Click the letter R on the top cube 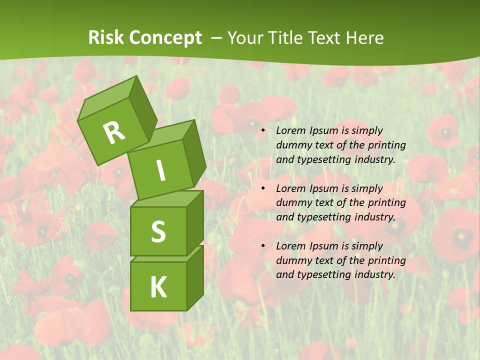click(x=114, y=132)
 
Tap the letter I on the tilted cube click(x=160, y=171)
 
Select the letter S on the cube click(x=158, y=231)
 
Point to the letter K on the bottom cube click(x=158, y=287)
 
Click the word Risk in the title click(x=105, y=38)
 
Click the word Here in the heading click(x=363, y=38)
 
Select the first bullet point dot click(x=263, y=131)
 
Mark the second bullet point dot click(x=263, y=189)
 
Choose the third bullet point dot click(x=263, y=246)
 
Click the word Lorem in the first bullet click(x=289, y=131)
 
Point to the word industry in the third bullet click(x=373, y=274)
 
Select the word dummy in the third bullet click(x=292, y=260)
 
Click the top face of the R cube click(x=107, y=98)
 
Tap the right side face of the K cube click(x=195, y=277)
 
